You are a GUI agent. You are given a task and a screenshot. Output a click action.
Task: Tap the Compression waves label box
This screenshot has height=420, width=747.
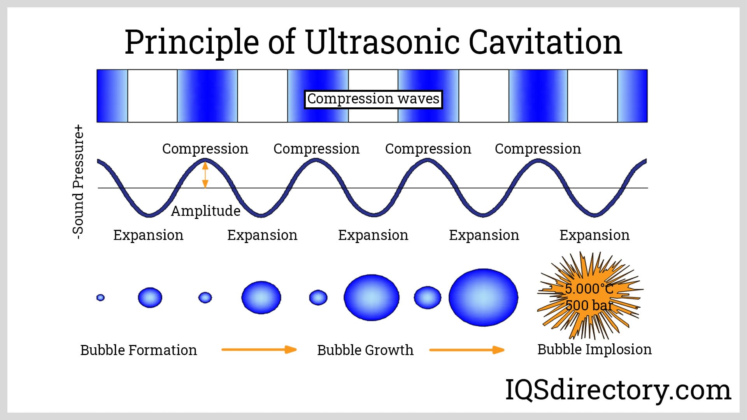pyautogui.click(x=373, y=99)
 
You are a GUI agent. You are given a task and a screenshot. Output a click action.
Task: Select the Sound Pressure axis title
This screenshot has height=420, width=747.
pyautogui.click(x=78, y=182)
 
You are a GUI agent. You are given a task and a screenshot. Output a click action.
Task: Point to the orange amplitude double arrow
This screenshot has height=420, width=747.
pyautogui.click(x=205, y=175)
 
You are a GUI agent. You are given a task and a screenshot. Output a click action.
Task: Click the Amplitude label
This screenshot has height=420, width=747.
pyautogui.click(x=205, y=211)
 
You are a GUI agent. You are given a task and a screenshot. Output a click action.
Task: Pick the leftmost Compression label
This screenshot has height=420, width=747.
pyautogui.click(x=205, y=149)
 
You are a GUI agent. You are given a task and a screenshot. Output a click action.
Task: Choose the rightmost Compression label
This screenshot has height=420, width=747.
pyautogui.click(x=538, y=149)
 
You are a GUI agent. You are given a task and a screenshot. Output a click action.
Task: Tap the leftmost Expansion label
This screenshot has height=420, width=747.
pyautogui.click(x=148, y=235)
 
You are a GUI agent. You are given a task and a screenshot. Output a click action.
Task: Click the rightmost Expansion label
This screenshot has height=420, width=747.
pyautogui.click(x=594, y=235)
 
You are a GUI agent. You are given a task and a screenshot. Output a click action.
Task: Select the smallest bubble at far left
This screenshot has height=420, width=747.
pyautogui.click(x=100, y=297)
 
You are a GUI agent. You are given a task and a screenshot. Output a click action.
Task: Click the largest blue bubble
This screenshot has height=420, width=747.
pyautogui.click(x=483, y=297)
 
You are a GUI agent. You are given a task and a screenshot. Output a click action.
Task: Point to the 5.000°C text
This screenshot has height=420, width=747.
pyautogui.click(x=589, y=289)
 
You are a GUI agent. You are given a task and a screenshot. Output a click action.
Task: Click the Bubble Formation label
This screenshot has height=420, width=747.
pyautogui.click(x=139, y=350)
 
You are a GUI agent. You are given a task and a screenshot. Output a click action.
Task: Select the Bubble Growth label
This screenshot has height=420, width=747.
pyautogui.click(x=365, y=350)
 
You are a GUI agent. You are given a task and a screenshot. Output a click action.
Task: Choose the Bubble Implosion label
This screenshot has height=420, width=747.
pyautogui.click(x=594, y=349)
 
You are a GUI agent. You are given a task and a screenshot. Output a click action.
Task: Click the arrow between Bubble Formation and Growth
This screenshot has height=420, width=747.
pyautogui.click(x=259, y=350)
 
